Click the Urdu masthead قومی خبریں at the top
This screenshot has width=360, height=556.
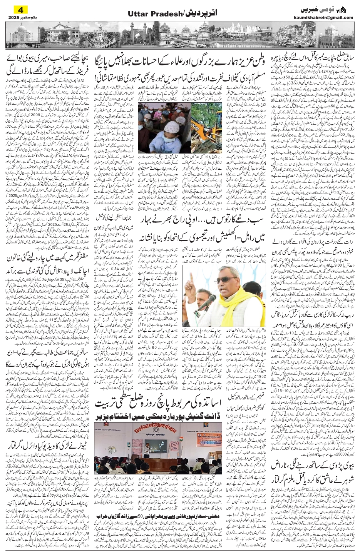click(315, 8)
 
